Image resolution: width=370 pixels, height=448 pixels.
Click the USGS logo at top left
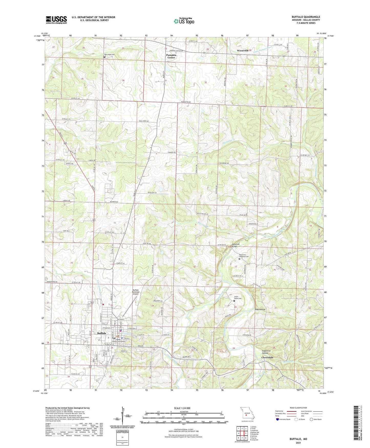coord(56,20)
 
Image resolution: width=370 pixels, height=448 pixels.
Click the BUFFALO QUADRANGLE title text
coord(306,17)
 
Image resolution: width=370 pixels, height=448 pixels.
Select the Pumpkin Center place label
coord(171,56)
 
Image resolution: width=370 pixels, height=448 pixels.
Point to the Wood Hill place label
coord(242,51)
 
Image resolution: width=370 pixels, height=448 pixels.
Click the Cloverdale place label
coord(267,357)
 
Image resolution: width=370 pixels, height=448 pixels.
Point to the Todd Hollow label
coord(260,309)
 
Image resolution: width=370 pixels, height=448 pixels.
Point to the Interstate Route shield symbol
coord(278,419)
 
